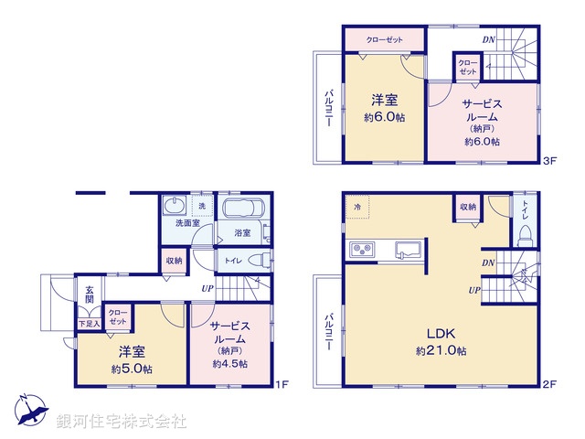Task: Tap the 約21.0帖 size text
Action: [x=441, y=351]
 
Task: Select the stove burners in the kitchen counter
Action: [x=361, y=251]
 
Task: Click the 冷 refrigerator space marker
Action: [x=356, y=207]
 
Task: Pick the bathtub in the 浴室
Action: [x=242, y=209]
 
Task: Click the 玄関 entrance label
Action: [x=90, y=294]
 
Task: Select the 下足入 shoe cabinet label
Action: [x=89, y=323]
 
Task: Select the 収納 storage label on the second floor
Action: [x=467, y=207]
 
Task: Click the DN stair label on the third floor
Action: [x=489, y=39]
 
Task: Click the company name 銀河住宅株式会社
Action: [x=121, y=422]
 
